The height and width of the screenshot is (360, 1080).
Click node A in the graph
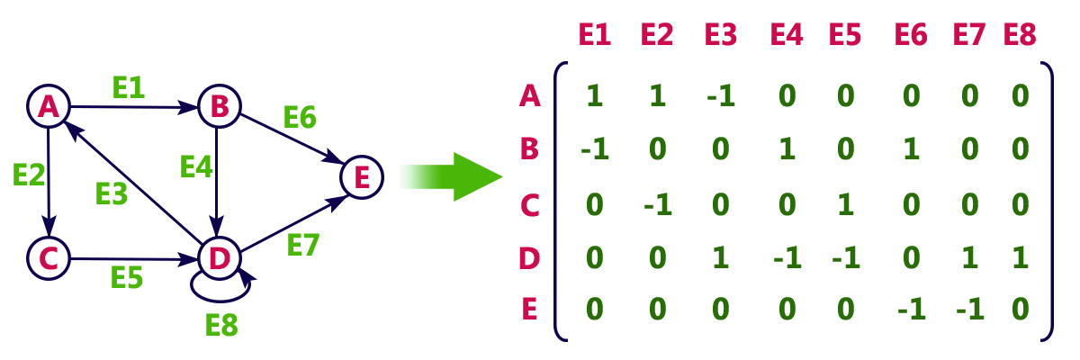48,107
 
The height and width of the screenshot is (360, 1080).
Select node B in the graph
218,107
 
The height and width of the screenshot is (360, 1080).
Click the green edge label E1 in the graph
129,86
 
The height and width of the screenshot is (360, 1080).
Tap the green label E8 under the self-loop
221,323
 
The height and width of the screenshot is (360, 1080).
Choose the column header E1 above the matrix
594,35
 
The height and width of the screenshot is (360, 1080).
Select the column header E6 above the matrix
911,35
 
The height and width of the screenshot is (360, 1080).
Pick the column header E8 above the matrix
1019,35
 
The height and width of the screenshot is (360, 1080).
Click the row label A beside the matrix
530,95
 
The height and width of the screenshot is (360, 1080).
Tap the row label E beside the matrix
530,310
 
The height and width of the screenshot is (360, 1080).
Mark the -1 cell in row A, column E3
720,95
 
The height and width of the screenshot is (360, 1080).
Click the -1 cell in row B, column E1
594,149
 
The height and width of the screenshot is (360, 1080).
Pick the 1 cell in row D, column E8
1019,257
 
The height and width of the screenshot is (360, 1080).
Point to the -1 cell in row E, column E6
911,311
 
